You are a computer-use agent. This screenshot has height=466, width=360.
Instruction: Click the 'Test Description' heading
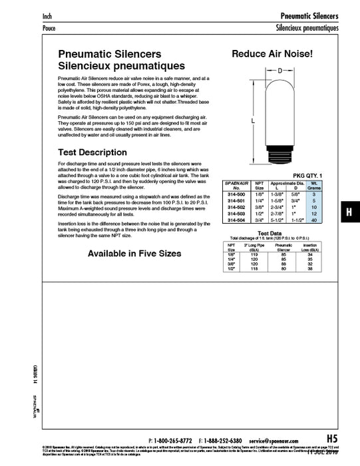click(x=92, y=152)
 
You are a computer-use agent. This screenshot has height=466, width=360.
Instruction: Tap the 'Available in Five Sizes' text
click(x=134, y=254)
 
